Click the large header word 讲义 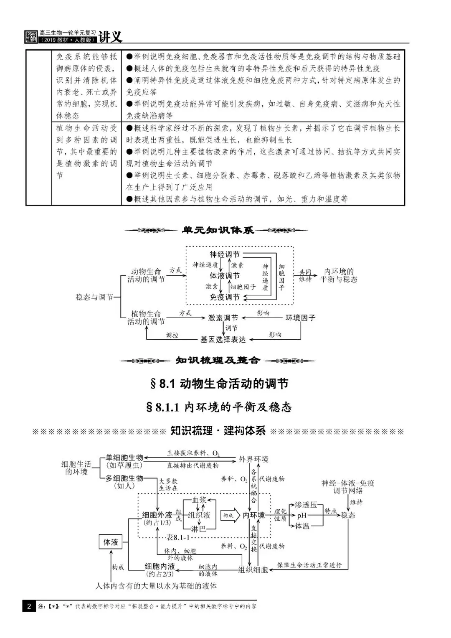[111, 36]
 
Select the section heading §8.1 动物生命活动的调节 [219, 384]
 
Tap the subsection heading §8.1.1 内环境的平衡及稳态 [219, 407]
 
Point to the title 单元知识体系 [218, 230]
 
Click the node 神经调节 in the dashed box [225, 254]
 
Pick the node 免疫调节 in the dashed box [225, 297]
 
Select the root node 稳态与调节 [94, 297]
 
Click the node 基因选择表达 [223, 339]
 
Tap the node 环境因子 [300, 318]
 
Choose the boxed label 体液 [111, 542]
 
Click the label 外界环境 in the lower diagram [253, 459]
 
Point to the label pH [302, 516]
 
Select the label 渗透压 [306, 505]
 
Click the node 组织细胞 [253, 569]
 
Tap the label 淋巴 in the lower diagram [198, 529]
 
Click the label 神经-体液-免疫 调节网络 [348, 487]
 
